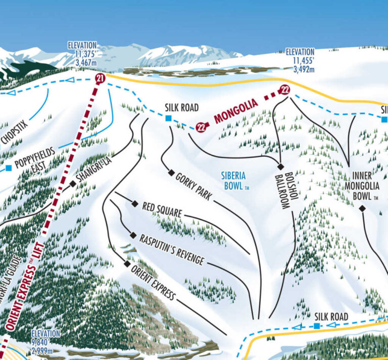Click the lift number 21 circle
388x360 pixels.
pyautogui.click(x=99, y=78)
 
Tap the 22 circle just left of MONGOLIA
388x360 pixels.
pyautogui.click(x=201, y=127)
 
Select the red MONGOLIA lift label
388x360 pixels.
pyautogui.click(x=236, y=112)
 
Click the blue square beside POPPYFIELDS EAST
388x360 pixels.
pyautogui.click(x=9, y=168)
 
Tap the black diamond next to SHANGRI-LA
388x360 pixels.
pyautogui.click(x=73, y=184)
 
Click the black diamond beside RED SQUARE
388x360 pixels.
pyautogui.click(x=135, y=204)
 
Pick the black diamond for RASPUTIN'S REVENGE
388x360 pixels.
pyautogui.click(x=133, y=236)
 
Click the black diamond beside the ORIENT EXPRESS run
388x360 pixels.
pyautogui.click(x=127, y=264)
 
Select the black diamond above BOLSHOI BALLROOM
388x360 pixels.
pyautogui.click(x=281, y=166)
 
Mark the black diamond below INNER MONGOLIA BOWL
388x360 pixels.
pyautogui.click(x=362, y=208)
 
